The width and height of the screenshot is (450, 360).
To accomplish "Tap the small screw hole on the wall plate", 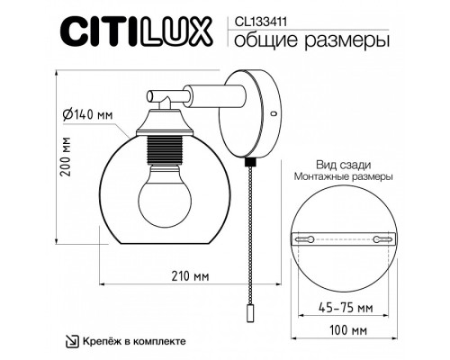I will pyautogui.click(x=273, y=114).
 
